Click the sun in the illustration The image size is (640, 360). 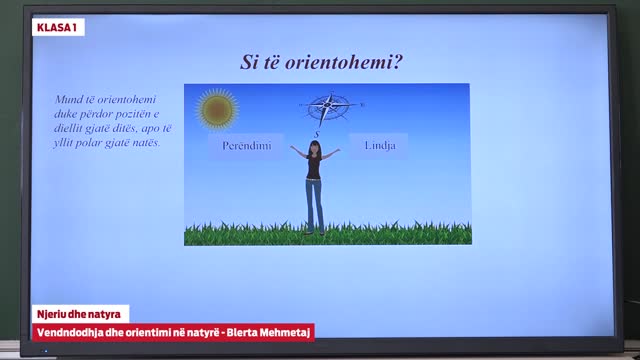pos(217,109)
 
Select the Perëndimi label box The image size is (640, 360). pos(246,145)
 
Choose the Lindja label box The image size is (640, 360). pos(378,145)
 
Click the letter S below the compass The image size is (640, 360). pos(316,133)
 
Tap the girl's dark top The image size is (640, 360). pos(315,167)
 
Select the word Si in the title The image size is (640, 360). pos(249,62)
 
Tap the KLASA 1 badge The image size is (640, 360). pos(58,27)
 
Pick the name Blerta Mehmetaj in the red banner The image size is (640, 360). pos(273,331)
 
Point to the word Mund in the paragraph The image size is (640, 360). pos(68,102)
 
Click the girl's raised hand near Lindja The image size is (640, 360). pos(339,150)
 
